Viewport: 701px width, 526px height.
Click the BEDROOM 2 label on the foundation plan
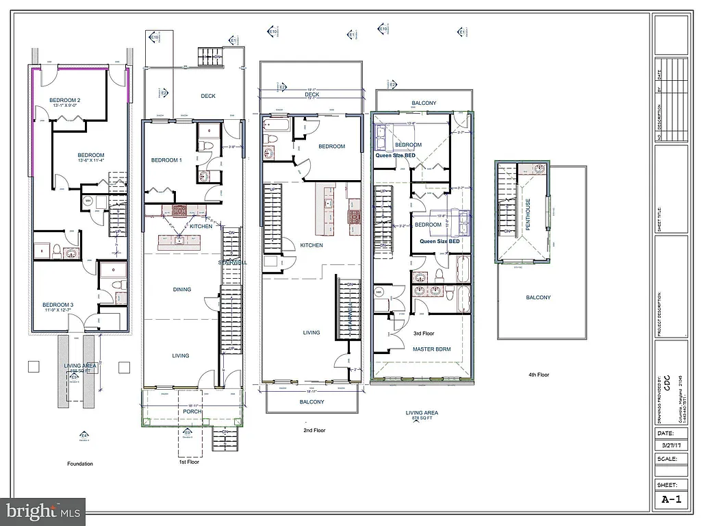tap(65, 101)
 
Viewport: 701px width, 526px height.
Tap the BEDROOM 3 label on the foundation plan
tap(58, 305)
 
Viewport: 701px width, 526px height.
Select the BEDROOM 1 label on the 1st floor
tap(166, 160)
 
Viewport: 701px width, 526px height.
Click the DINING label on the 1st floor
tap(181, 290)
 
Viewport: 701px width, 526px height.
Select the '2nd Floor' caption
tap(315, 431)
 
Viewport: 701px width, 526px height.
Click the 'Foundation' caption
tap(79, 464)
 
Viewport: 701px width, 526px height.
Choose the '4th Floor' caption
tap(538, 375)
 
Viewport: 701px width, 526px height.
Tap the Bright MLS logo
tap(43, 510)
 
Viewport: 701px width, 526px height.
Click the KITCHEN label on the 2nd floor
tap(311, 245)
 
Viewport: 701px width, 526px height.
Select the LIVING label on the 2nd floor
tap(311, 333)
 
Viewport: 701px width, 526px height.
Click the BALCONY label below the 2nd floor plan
tap(311, 402)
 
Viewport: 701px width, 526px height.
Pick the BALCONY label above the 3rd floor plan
tap(424, 103)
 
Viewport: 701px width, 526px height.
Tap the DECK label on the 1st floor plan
tap(208, 96)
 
